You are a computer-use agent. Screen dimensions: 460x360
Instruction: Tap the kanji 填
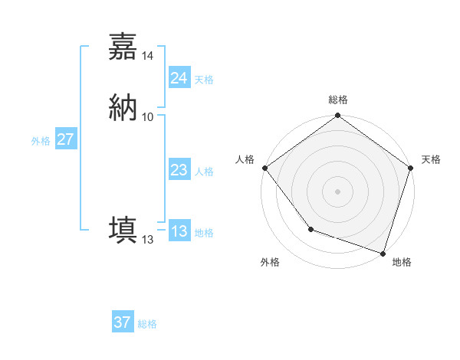(123, 229)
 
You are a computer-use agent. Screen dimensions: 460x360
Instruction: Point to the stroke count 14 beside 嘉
(148, 56)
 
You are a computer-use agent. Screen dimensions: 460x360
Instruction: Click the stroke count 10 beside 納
(148, 116)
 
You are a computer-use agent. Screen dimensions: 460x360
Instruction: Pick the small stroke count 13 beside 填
(148, 240)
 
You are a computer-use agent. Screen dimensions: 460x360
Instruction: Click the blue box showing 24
(179, 78)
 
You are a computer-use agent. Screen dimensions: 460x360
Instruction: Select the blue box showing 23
(179, 171)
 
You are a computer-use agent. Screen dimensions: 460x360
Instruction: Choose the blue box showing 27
(65, 139)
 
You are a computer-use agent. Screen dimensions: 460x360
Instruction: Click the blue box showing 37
(122, 322)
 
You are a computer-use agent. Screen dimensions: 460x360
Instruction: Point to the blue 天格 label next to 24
(204, 80)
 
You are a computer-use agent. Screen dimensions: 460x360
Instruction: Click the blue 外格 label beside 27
(41, 141)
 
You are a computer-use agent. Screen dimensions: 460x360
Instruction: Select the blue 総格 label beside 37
(147, 324)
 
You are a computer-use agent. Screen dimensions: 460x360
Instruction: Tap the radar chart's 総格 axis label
(338, 100)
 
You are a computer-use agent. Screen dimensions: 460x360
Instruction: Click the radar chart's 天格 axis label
(432, 159)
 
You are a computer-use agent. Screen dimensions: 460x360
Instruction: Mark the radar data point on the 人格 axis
(264, 168)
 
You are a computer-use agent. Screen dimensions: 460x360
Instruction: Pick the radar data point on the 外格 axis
(310, 229)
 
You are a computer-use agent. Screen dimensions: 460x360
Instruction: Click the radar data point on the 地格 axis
(383, 253)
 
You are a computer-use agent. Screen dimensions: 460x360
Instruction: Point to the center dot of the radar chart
(338, 191)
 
